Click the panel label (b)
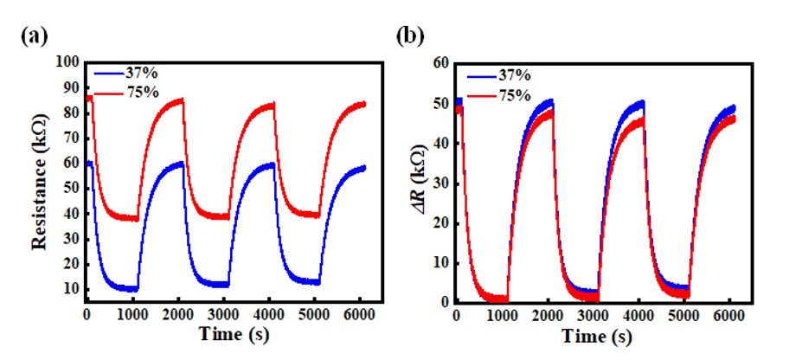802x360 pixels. click(409, 37)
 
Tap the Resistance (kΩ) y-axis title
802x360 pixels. click(39, 183)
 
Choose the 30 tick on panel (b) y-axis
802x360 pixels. click(441, 183)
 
